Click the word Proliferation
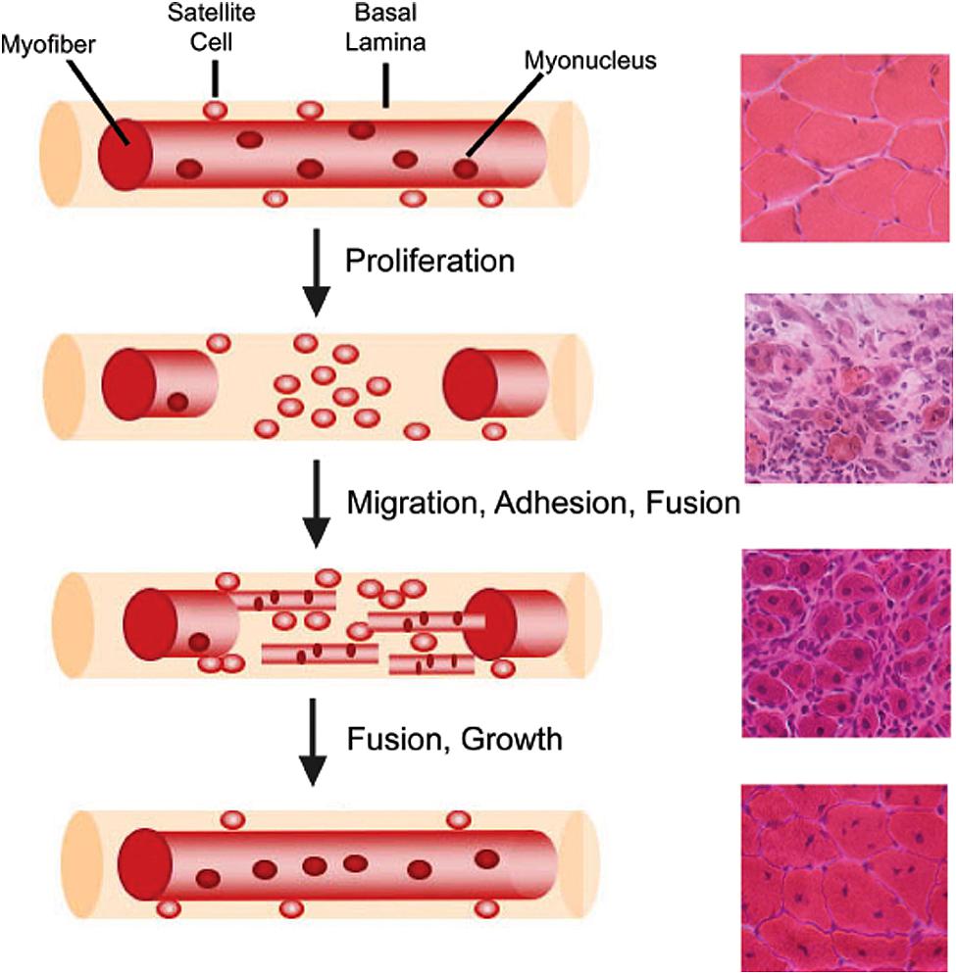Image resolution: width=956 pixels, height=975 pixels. click(430, 262)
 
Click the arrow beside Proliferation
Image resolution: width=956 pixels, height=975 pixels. click(315, 271)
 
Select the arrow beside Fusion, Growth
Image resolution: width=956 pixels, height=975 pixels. click(315, 742)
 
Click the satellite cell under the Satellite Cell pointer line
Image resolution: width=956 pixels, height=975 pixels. click(216, 110)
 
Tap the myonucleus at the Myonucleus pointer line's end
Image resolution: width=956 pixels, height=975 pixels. click(465, 169)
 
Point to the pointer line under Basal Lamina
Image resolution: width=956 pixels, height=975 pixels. click(386, 88)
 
